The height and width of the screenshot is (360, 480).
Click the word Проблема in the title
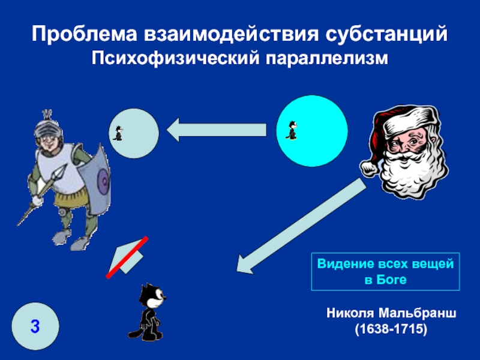point(84,34)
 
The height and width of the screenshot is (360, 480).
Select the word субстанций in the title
point(386,34)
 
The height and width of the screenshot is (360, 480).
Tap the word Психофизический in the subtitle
point(175,58)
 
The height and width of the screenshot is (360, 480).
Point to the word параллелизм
point(326,58)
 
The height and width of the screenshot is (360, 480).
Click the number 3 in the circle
point(35,326)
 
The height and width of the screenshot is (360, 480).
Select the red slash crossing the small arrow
point(127,257)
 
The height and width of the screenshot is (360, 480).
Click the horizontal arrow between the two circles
point(216,130)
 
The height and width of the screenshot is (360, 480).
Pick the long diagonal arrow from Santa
point(301,226)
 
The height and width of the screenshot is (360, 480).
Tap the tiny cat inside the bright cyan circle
point(292,130)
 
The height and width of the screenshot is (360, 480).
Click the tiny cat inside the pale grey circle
point(118,133)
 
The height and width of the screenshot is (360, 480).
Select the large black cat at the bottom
point(148,311)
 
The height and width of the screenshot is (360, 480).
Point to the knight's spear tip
point(64,169)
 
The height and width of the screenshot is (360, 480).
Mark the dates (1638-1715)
point(391,329)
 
